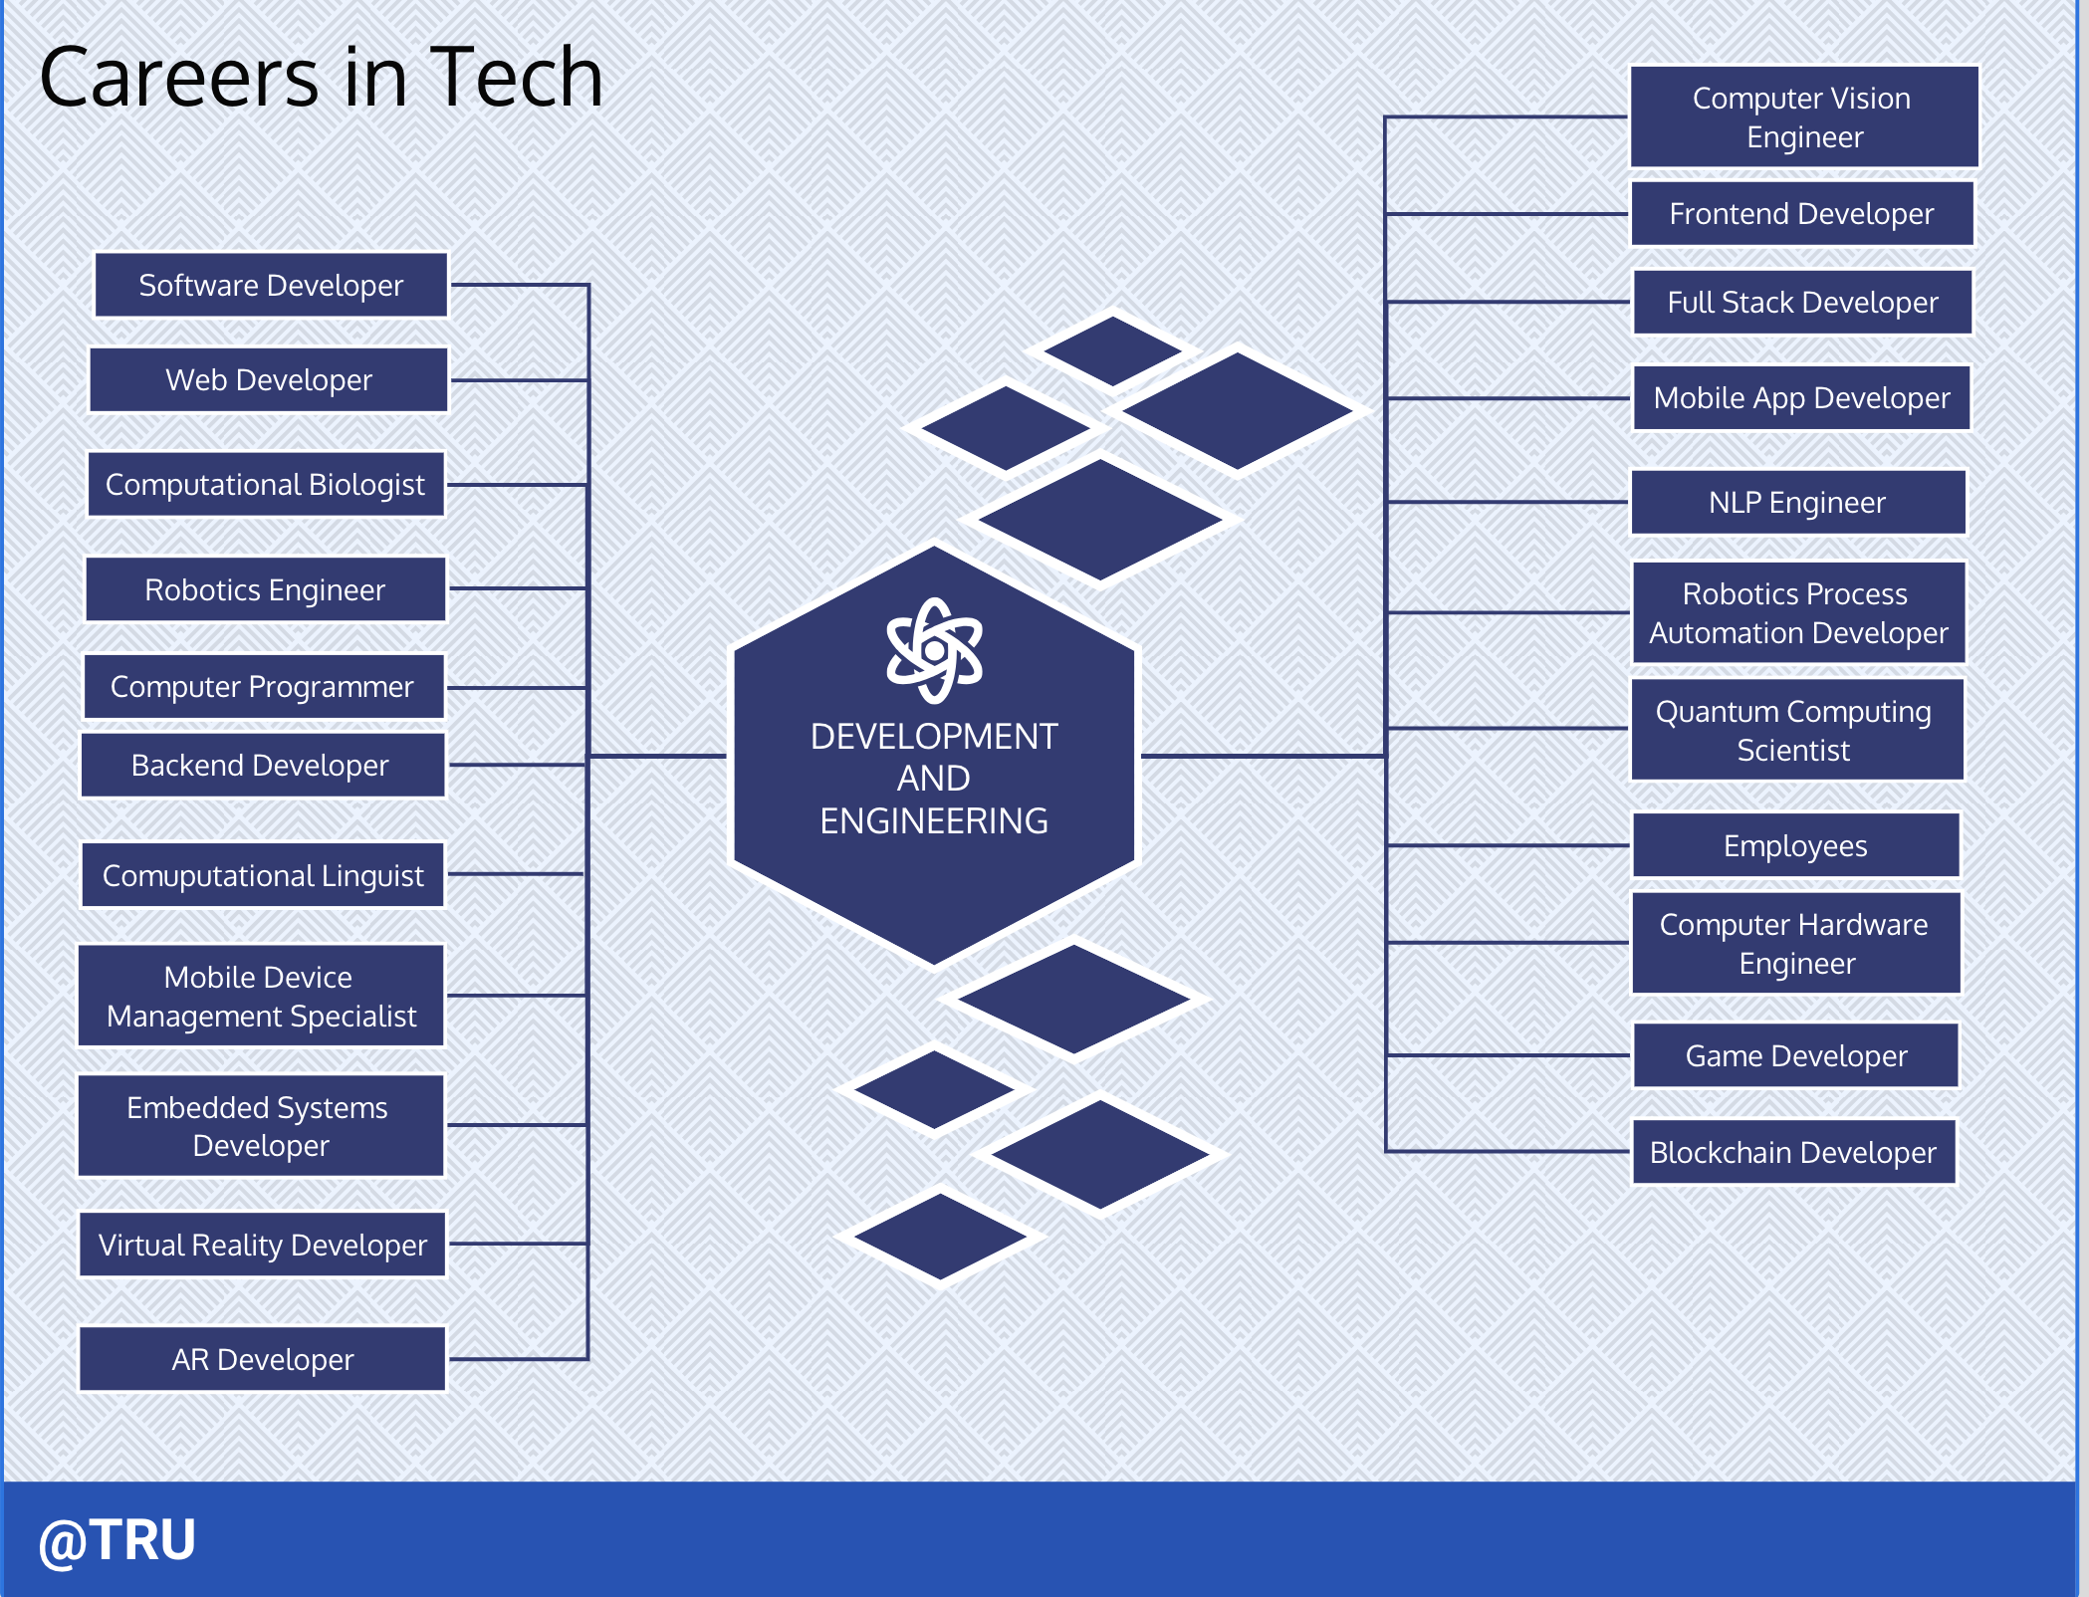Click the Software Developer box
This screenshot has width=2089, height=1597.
click(271, 285)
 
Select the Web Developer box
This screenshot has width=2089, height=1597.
click(269, 379)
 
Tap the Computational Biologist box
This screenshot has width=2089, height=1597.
click(266, 484)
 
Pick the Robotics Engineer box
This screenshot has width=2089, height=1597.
click(266, 589)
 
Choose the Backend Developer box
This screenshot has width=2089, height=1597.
click(263, 765)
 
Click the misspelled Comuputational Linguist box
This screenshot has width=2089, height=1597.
click(263, 875)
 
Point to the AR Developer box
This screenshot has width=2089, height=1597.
click(263, 1359)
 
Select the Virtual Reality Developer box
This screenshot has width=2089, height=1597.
click(263, 1245)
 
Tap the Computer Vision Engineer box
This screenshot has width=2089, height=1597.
click(1804, 116)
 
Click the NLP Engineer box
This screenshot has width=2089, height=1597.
click(1798, 502)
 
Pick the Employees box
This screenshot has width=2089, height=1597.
click(1796, 845)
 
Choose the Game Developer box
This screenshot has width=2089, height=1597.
click(1796, 1055)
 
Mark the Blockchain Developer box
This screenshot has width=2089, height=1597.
click(1794, 1152)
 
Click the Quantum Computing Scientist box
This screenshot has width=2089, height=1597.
click(1797, 730)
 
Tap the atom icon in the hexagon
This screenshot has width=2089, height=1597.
click(934, 650)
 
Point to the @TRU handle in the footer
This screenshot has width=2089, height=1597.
click(116, 1541)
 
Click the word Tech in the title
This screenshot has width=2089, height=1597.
click(517, 78)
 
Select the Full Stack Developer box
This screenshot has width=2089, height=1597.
click(1803, 302)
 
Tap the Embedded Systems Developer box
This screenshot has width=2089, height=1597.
click(261, 1126)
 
